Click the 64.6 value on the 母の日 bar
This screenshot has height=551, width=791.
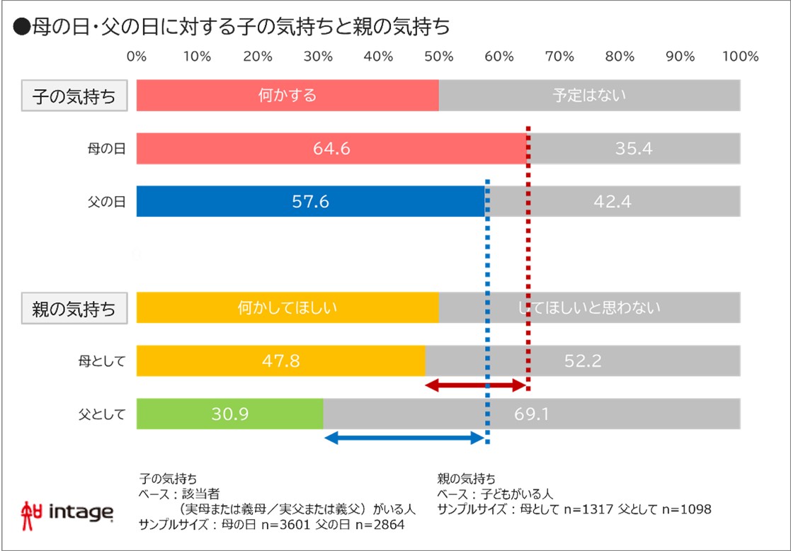click(x=331, y=149)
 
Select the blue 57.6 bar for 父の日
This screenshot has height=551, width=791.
click(x=310, y=201)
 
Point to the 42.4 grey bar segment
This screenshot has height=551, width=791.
click(x=613, y=201)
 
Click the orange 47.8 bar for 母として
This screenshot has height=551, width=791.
click(x=280, y=360)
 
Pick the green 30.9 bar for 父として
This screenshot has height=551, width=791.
click(x=229, y=414)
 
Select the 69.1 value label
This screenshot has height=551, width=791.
click(x=531, y=414)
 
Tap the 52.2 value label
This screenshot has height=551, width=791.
click(x=583, y=360)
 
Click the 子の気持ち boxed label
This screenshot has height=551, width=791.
click(x=74, y=96)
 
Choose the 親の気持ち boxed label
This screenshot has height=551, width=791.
click(x=74, y=308)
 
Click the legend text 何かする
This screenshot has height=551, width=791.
click(x=287, y=96)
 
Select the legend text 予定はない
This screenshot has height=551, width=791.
click(x=589, y=96)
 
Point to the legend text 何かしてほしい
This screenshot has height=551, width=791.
click(x=287, y=307)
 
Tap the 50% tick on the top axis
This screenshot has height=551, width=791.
click(x=438, y=57)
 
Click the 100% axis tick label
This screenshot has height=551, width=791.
click(x=740, y=57)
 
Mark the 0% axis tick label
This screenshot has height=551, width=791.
click(x=136, y=57)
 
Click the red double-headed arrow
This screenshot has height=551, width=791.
click(x=475, y=385)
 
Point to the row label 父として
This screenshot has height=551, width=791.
click(x=102, y=414)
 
